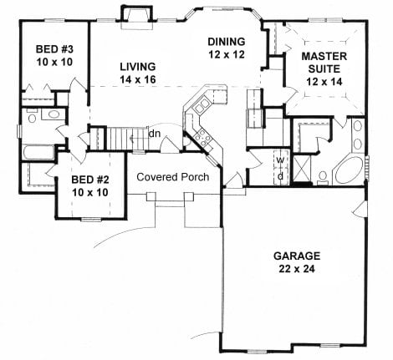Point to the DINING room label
coord(226,40)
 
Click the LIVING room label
coord(138,66)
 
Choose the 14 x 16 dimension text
coord(138,79)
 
